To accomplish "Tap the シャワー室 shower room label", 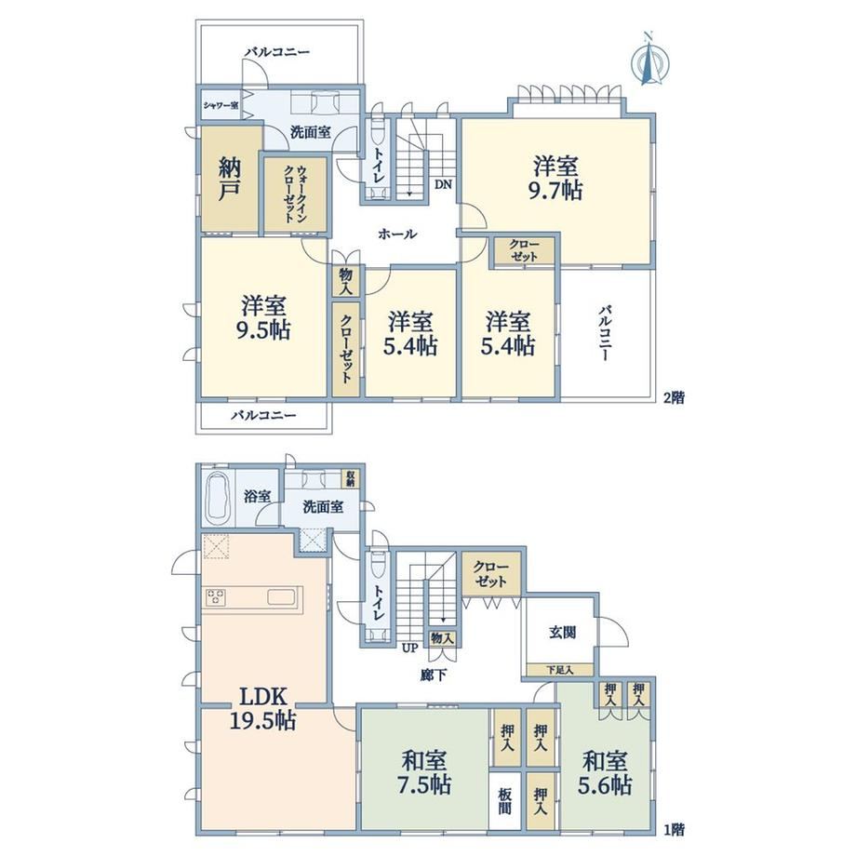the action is click(221, 105).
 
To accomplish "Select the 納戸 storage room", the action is click(230, 178).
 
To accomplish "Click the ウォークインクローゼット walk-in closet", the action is click(295, 194).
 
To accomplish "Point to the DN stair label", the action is click(443, 184).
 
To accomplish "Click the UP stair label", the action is click(410, 648).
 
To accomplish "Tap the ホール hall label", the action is click(397, 234).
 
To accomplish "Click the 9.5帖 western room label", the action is click(263, 318).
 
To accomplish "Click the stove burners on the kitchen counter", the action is click(215, 596).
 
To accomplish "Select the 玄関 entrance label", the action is click(562, 633).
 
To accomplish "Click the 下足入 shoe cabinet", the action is click(560, 670).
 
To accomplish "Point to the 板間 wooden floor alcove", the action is click(505, 800).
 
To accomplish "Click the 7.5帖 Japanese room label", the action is click(423, 772).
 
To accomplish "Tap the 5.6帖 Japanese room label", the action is click(605, 772).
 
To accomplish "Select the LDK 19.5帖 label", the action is click(262, 709).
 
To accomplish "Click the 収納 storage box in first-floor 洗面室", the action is click(350, 479).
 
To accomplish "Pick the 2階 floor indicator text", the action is click(674, 398).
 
